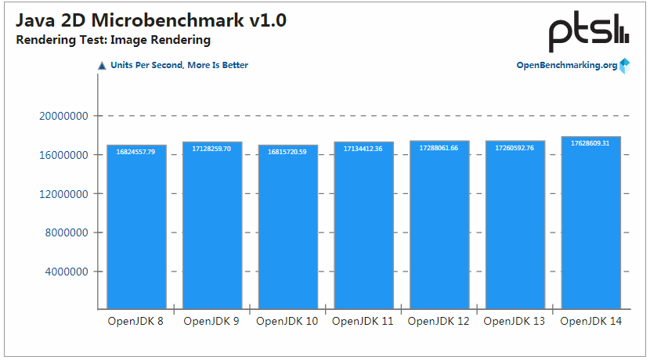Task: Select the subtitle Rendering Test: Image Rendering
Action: pos(114,40)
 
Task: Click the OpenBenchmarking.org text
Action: pos(566,66)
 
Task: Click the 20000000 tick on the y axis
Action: pos(63,116)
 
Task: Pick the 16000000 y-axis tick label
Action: pos(63,155)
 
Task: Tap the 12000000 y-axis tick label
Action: pos(63,194)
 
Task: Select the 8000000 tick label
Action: pos(67,233)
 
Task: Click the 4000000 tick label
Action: pos(67,272)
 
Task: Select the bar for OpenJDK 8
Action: pos(136,227)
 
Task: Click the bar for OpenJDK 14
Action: pos(591,223)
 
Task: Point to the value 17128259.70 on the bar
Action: pos(211,149)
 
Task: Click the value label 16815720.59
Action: pos(287,152)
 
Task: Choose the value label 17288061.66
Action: pos(439,148)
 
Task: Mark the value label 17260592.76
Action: pos(515,148)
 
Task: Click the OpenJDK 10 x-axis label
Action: pos(287,322)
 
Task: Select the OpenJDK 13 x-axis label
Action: pos(515,322)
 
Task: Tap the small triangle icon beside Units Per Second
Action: pos(102,66)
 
